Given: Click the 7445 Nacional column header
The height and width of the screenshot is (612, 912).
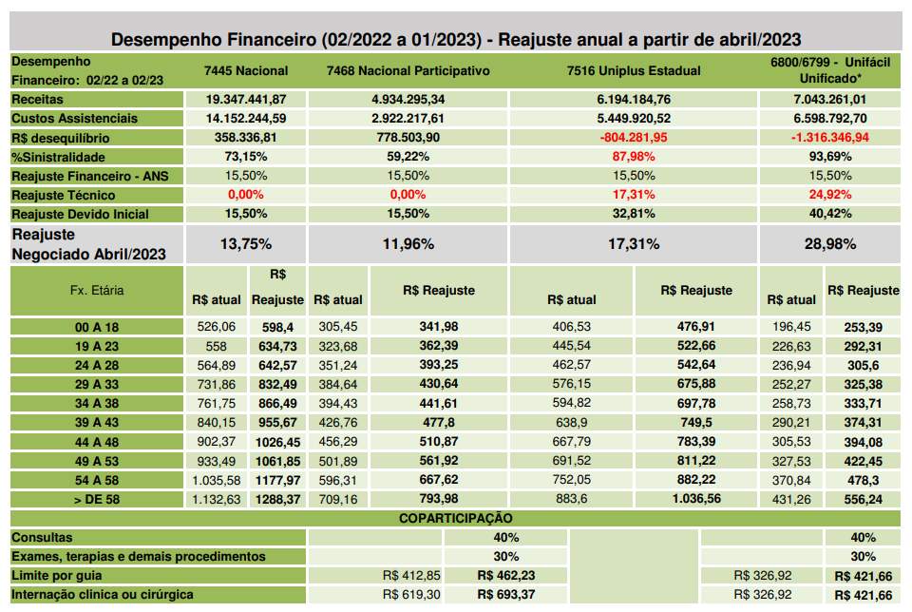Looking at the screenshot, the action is point(246,71).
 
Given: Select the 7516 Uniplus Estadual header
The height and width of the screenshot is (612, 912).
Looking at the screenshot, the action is point(634,71).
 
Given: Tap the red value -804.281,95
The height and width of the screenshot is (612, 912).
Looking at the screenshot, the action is point(634,137).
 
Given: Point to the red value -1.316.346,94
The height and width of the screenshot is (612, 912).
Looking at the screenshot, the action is point(830,137).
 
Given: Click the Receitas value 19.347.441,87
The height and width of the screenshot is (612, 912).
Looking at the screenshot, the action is point(246,100).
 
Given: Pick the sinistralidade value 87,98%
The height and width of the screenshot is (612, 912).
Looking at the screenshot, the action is point(634,157).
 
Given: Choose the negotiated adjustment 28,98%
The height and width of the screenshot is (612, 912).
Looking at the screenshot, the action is point(830,244).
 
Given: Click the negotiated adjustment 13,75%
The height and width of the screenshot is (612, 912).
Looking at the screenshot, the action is point(246,244).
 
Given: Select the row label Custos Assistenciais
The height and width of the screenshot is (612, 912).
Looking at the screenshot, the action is point(74,118).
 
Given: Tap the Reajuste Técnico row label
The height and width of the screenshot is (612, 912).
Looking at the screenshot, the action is point(64,195).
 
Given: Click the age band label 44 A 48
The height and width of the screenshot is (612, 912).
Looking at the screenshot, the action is point(97,442).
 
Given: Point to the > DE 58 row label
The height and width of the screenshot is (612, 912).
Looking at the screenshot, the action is point(97,499).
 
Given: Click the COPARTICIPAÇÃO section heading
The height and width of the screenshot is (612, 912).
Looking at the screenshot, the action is point(455,518).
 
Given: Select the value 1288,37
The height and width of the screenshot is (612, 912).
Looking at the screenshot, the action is point(277,499).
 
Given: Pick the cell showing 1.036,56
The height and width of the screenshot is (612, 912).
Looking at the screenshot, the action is point(696,499).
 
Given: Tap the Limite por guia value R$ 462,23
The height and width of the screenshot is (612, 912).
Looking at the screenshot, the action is point(506,575).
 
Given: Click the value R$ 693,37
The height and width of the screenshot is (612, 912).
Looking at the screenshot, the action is point(506,595).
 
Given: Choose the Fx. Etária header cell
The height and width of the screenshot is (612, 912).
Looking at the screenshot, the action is point(97,290).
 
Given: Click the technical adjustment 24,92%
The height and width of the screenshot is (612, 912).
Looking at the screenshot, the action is point(830,194).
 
